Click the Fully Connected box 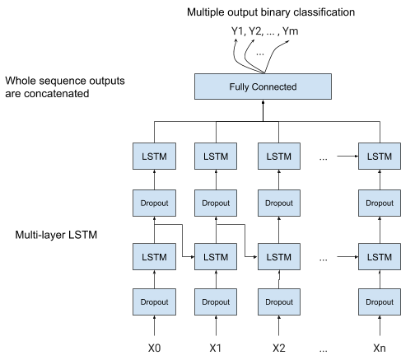pos(263,86)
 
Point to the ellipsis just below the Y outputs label pos(260,52)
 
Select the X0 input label pos(154,348)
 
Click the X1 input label pos(216,348)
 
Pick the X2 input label pos(279,348)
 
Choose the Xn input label pos(379,348)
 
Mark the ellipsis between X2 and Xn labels pos(324,348)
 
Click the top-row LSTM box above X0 pos(154,157)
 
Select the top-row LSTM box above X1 pos(216,157)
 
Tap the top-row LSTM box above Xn pos(379,157)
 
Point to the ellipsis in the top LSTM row pos(324,157)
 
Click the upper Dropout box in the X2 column pos(279,202)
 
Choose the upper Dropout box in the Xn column pos(379,202)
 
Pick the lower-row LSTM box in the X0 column pos(154,257)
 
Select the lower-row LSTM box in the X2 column pos(279,257)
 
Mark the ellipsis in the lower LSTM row pos(324,258)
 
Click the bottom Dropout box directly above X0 pos(154,302)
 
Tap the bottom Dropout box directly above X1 pos(216,302)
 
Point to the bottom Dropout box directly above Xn pos(379,302)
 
